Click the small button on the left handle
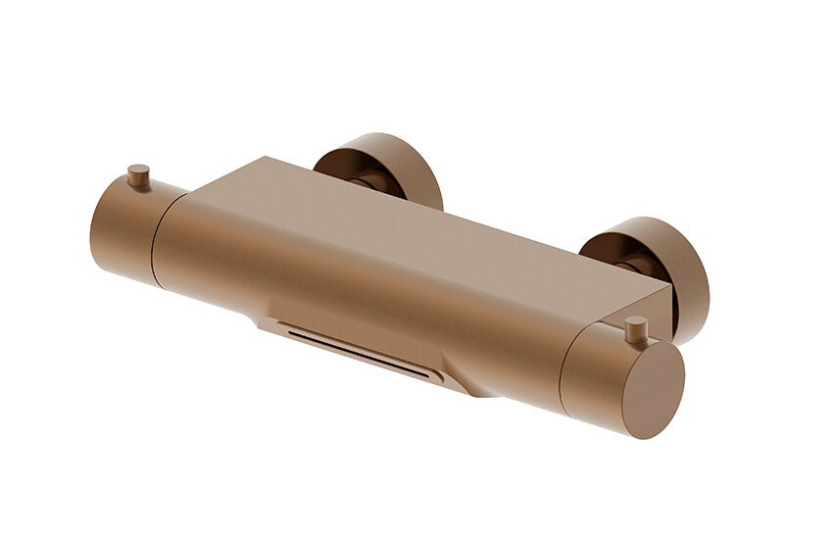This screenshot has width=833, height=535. click(x=138, y=175)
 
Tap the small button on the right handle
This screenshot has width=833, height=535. click(x=636, y=327)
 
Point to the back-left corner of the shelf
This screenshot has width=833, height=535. click(x=261, y=159)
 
